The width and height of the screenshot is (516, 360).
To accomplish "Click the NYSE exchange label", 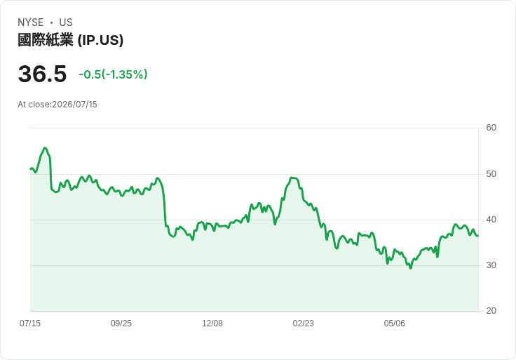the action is pyautogui.click(x=31, y=22).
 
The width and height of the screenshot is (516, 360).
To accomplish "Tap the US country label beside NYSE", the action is pyautogui.click(x=66, y=22).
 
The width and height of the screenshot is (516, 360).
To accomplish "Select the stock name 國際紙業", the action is pyautogui.click(x=46, y=40).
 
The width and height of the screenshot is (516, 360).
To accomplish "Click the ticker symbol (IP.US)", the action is pyautogui.click(x=100, y=40).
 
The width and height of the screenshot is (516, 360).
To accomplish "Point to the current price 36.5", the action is pyautogui.click(x=43, y=74).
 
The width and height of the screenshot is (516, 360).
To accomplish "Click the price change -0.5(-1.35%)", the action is pyautogui.click(x=113, y=74).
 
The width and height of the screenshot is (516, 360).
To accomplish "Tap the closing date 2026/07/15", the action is pyautogui.click(x=75, y=105).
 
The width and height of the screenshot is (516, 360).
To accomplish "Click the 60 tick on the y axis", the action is pyautogui.click(x=491, y=128).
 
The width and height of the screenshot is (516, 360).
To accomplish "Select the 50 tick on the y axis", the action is pyautogui.click(x=491, y=174).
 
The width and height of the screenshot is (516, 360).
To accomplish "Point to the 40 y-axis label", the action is pyautogui.click(x=491, y=220).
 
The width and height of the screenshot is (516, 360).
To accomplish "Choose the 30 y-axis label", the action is pyautogui.click(x=491, y=265).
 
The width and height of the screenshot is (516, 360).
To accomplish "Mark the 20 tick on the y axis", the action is pyautogui.click(x=491, y=311).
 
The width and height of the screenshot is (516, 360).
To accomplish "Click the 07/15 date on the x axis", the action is pyautogui.click(x=30, y=324).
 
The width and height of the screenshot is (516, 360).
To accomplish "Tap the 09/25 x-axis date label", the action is pyautogui.click(x=121, y=324).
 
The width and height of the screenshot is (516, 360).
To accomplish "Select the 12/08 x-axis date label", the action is pyautogui.click(x=212, y=324).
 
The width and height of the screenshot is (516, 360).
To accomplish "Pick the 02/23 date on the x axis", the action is pyautogui.click(x=303, y=324).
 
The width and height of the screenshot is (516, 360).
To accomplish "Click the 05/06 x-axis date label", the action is pyautogui.click(x=394, y=324).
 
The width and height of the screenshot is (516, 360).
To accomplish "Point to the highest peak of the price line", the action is pyautogui.click(x=45, y=148).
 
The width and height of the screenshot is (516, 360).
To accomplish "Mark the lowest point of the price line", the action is pyautogui.click(x=410, y=268).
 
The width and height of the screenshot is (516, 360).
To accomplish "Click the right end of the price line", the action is pyautogui.click(x=478, y=236).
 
